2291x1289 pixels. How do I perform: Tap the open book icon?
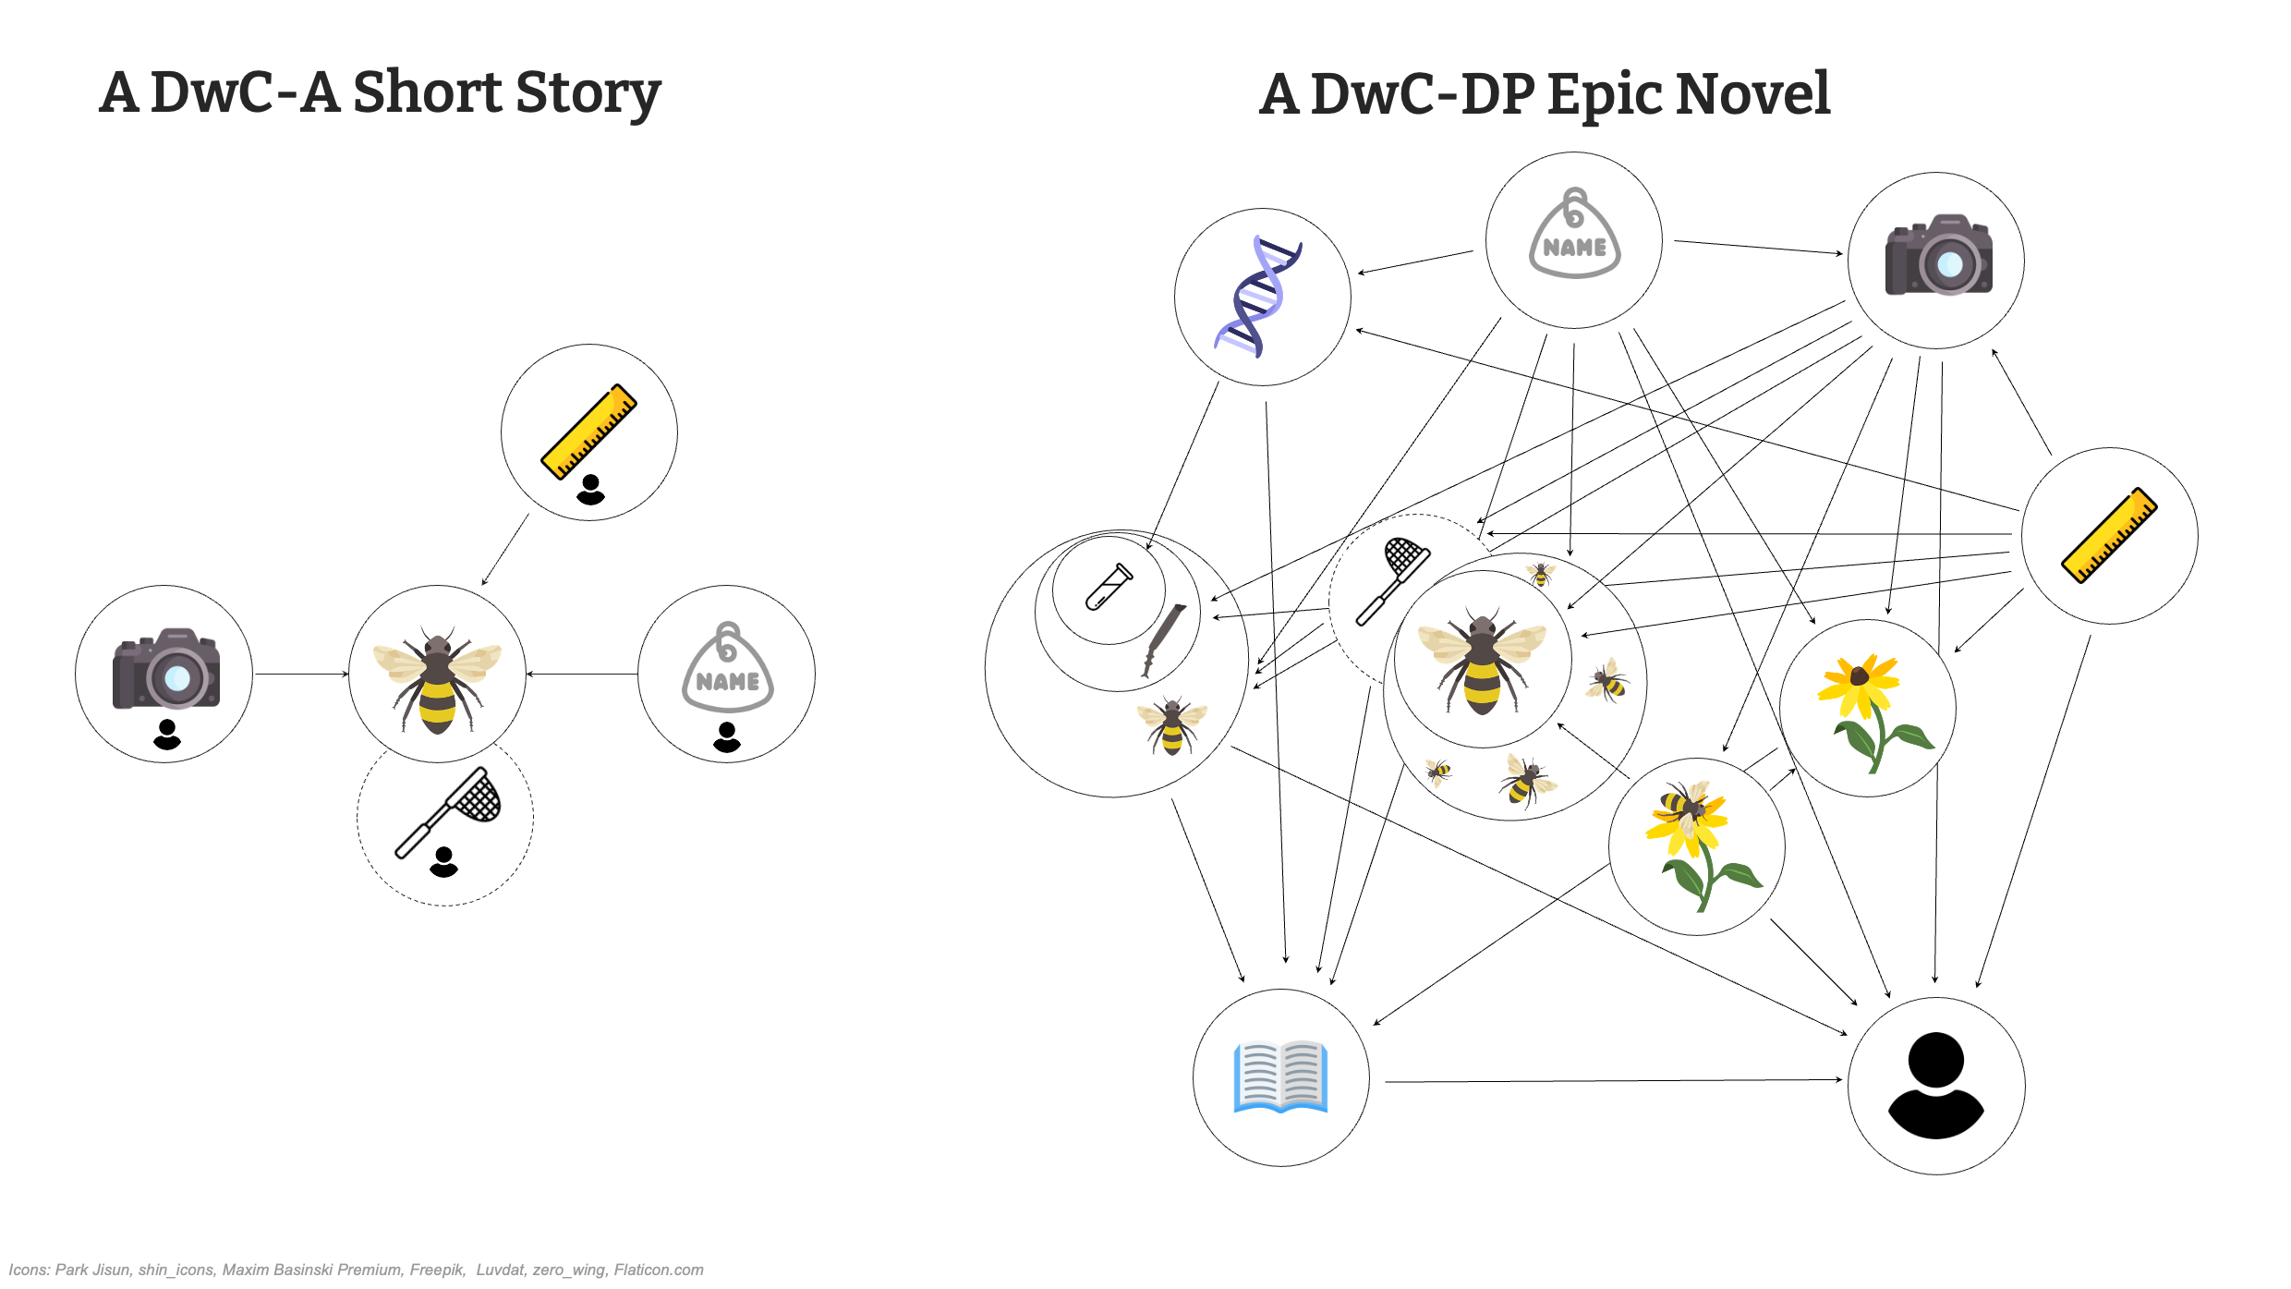tap(1281, 1077)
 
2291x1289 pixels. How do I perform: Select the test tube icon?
tap(1109, 588)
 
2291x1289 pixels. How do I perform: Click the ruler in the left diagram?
tap(588, 432)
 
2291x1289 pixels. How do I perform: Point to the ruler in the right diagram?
tap(2109, 536)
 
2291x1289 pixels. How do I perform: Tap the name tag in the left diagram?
tap(728, 668)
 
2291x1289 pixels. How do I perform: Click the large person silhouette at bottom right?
tap(1935, 1086)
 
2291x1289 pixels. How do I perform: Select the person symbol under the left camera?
tap(167, 735)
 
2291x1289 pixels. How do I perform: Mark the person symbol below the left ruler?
tap(590, 490)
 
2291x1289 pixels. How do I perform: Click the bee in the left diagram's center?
tap(437, 679)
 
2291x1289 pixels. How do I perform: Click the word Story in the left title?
tap(588, 94)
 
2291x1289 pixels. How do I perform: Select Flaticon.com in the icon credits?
tap(659, 1270)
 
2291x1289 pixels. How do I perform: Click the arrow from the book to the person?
tap(1612, 1080)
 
